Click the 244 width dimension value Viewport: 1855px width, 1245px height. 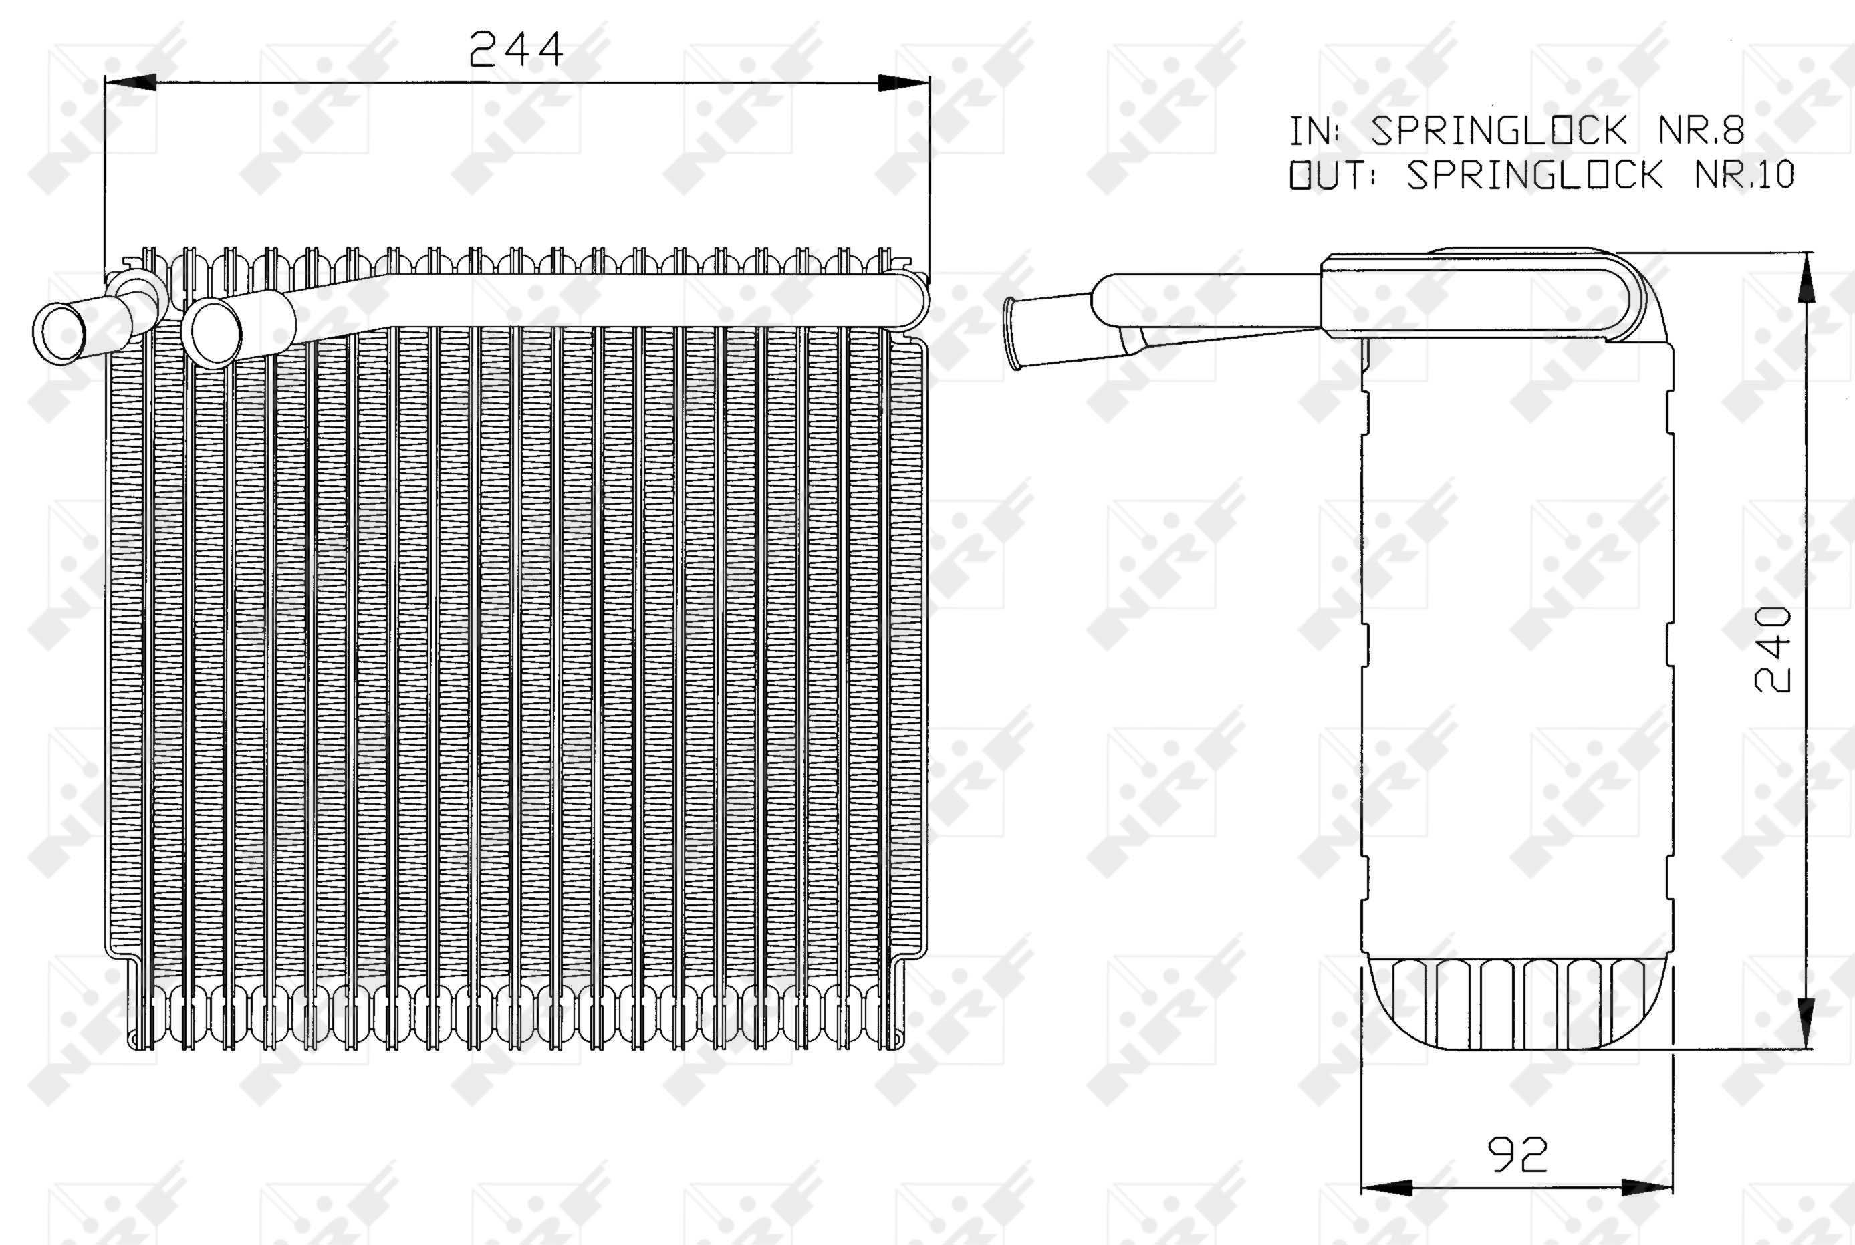click(x=515, y=49)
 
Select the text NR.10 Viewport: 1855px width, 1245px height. click(x=1744, y=174)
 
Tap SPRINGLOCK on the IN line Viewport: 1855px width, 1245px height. click(x=1499, y=132)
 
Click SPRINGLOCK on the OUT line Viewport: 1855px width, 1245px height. click(x=1534, y=174)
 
